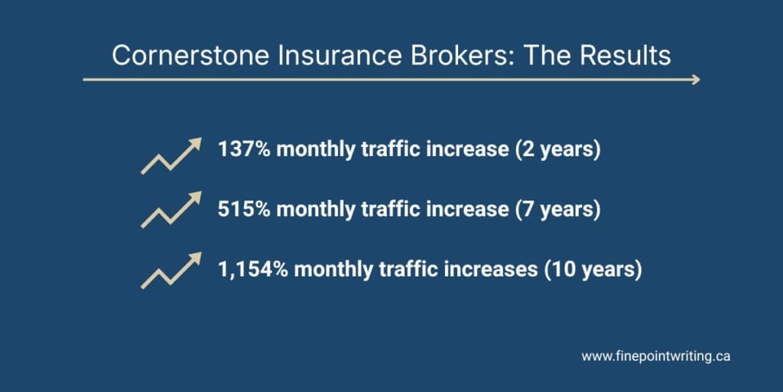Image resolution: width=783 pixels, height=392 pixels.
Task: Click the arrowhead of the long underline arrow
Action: pyautogui.click(x=695, y=80)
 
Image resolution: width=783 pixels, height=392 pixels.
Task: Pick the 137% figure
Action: pyautogui.click(x=244, y=149)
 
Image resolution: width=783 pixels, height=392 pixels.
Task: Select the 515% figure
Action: pyautogui.click(x=244, y=210)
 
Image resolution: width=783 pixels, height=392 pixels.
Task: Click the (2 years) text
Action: pyautogui.click(x=557, y=150)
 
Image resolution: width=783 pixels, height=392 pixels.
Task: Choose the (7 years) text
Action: pyautogui.click(x=557, y=211)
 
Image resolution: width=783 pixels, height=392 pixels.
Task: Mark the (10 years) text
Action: pyautogui.click(x=592, y=271)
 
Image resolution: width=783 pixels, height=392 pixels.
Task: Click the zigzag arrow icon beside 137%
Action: pyautogui.click(x=171, y=155)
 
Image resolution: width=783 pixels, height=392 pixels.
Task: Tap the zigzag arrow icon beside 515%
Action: pyautogui.click(x=171, y=209)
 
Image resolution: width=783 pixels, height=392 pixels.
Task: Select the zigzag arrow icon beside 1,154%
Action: pyautogui.click(x=171, y=270)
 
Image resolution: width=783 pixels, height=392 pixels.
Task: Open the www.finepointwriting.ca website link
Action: pyautogui.click(x=655, y=357)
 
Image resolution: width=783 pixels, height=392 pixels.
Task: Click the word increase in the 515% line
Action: pyautogui.click(x=466, y=210)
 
